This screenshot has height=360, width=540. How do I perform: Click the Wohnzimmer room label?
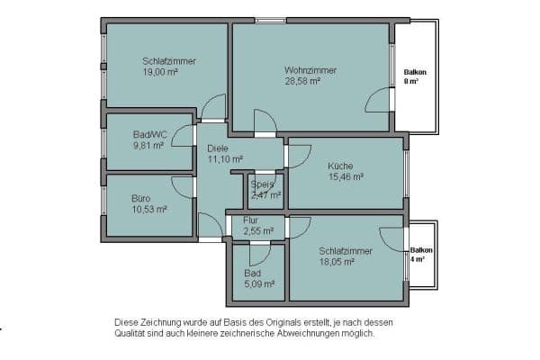click(x=310, y=69)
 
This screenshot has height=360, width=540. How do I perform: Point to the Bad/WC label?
click(x=150, y=133)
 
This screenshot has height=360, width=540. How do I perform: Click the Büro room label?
click(x=141, y=198)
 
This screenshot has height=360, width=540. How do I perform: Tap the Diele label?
click(x=217, y=148)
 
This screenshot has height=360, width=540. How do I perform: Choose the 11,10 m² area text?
click(x=226, y=159)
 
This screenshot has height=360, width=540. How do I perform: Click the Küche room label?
click(x=340, y=166)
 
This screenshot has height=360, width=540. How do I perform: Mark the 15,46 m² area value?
click(x=346, y=177)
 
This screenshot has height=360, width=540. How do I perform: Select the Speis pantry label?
click(x=262, y=184)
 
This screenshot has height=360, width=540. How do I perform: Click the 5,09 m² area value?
click(x=259, y=283)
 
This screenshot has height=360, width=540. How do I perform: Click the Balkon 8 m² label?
click(x=415, y=76)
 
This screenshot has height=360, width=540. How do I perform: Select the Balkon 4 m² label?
click(x=421, y=254)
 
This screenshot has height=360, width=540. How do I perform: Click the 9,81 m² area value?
click(x=148, y=144)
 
